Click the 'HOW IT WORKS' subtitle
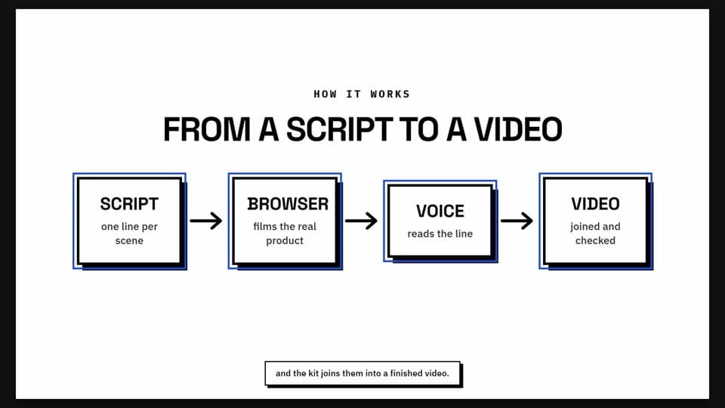click(x=362, y=94)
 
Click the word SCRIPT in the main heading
click(x=339, y=129)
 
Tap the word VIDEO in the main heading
click(x=518, y=129)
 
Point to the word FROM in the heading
click(x=207, y=129)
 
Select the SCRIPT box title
click(x=129, y=204)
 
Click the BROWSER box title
click(x=288, y=204)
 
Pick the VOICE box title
click(x=440, y=212)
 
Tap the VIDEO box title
click(x=596, y=204)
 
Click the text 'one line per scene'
click(x=129, y=233)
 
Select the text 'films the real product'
click(x=285, y=233)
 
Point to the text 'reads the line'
click(x=440, y=233)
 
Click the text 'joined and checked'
click(x=596, y=233)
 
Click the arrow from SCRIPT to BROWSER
click(x=206, y=221)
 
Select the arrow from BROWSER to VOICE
click(x=361, y=221)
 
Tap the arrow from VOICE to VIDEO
click(x=517, y=221)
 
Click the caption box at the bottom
click(x=363, y=374)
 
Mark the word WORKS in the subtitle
click(x=390, y=94)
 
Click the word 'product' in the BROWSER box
click(x=285, y=241)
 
